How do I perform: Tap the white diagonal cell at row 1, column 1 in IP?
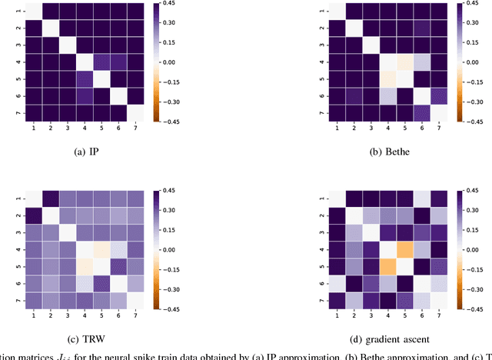[33, 12]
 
